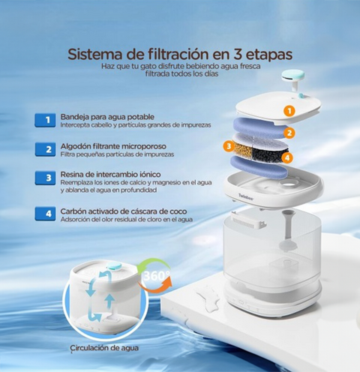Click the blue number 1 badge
pyautogui.click(x=45, y=120)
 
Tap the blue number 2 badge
pyautogui.click(x=45, y=149)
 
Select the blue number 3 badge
pyautogui.click(x=45, y=178)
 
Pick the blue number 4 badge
pyautogui.click(x=45, y=214)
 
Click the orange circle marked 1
pyautogui.click(x=289, y=111)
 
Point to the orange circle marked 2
pyautogui.click(x=289, y=133)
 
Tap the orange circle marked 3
pyautogui.click(x=229, y=146)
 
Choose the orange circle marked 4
pyautogui.click(x=287, y=157)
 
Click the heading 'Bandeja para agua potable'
pyautogui.click(x=107, y=117)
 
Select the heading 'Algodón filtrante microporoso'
pyautogui.click(x=113, y=146)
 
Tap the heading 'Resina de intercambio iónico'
pyautogui.click(x=110, y=174)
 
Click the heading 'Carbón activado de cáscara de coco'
pyautogui.click(x=124, y=211)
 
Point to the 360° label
pyautogui.click(x=157, y=276)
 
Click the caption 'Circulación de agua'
pyautogui.click(x=104, y=348)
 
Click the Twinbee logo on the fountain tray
pyautogui.click(x=246, y=197)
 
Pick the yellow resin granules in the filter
pyautogui.click(x=243, y=151)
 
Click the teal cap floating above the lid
pyautogui.click(x=293, y=75)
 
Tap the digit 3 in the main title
pyautogui.click(x=236, y=55)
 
